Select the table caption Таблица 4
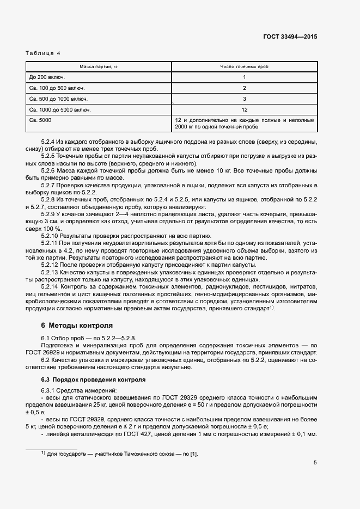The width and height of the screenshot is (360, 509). coord(43,53)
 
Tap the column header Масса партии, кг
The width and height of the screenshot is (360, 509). coord(99,66)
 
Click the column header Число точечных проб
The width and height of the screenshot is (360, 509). coord(244,66)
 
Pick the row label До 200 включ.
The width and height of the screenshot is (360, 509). coord(47,77)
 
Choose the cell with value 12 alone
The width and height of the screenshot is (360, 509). coord(245,109)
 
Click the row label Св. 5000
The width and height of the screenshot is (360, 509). coord(40,120)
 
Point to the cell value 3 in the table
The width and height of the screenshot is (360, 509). coord(245,99)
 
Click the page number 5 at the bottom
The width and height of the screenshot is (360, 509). coord(315,463)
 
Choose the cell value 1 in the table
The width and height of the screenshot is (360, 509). coord(245,77)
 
